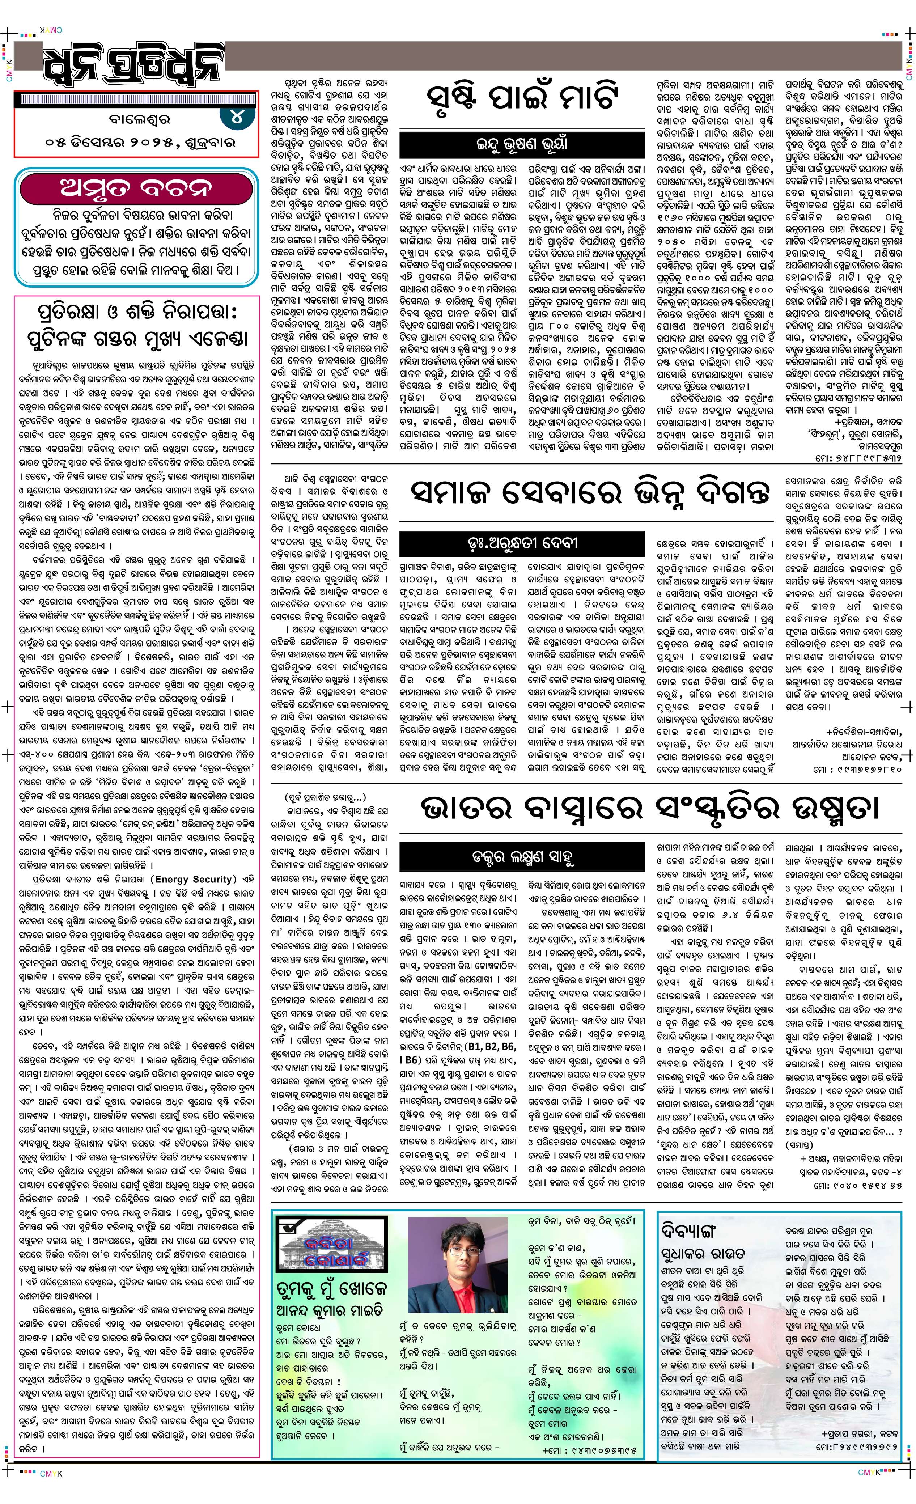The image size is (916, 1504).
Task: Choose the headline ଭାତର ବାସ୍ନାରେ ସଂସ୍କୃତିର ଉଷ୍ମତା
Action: [650, 808]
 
